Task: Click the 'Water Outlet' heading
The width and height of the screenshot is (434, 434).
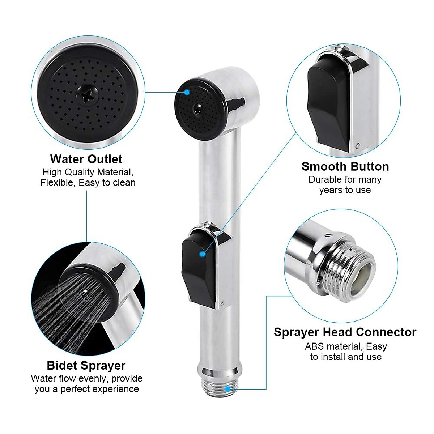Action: tap(86, 159)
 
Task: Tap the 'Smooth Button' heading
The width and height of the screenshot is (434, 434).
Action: tap(345, 167)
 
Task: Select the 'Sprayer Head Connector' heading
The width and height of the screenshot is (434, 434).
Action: tap(345, 332)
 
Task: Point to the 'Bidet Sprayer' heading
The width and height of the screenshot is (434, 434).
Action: tap(86, 366)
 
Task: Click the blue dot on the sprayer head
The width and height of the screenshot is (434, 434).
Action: tap(187, 92)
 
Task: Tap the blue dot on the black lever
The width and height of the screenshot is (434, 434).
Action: tap(203, 254)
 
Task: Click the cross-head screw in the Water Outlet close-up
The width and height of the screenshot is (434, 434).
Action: tap(86, 96)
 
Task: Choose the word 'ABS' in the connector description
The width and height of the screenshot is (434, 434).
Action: tap(314, 346)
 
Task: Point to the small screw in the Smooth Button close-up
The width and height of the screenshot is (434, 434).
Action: tap(357, 146)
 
